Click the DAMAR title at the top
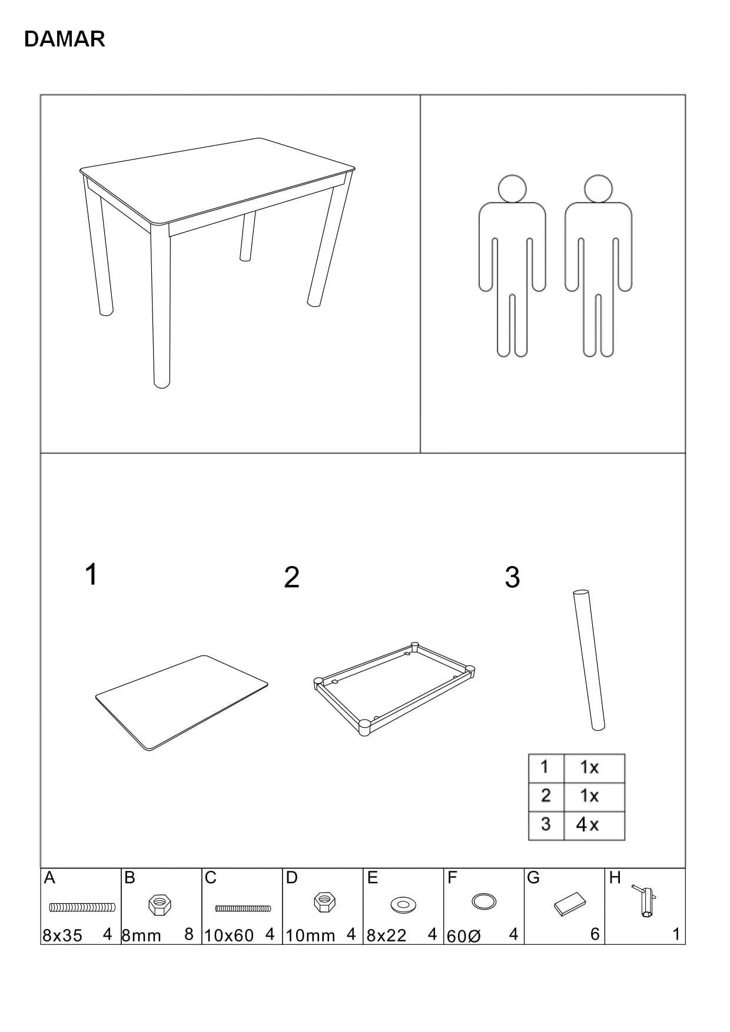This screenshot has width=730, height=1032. point(65,39)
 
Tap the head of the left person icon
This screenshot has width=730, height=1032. point(512,189)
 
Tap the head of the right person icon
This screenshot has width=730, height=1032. point(598,189)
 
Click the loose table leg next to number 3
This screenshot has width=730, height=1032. point(588,659)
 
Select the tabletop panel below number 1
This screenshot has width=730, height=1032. point(181,703)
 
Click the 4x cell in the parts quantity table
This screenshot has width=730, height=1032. point(588,825)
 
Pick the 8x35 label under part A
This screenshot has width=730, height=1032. point(62,936)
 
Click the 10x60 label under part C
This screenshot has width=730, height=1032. point(229,936)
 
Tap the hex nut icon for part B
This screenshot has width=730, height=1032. point(160,904)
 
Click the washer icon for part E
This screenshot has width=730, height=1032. point(403,903)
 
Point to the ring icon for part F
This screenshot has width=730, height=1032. point(484,901)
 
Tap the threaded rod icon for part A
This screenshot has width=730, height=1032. point(82,907)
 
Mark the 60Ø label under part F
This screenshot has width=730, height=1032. point(464,936)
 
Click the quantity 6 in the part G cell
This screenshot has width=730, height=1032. point(595,934)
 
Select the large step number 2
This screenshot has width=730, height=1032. point(291,577)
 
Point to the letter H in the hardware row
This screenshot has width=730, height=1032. point(615,878)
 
